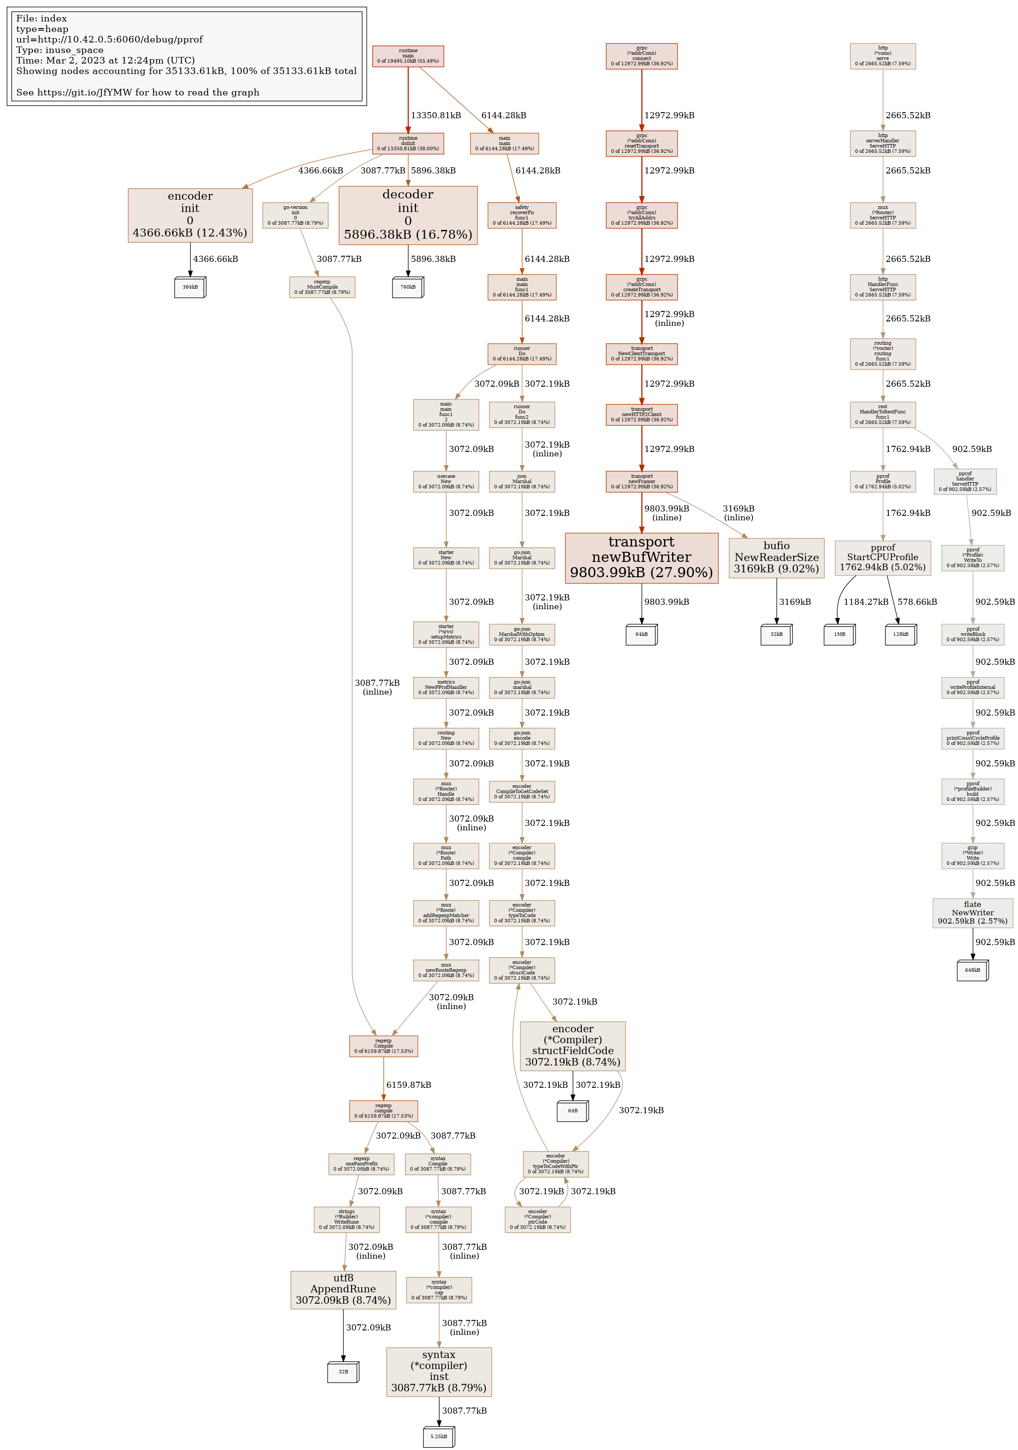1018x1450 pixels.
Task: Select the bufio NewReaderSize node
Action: point(776,557)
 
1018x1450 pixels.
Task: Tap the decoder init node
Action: point(408,215)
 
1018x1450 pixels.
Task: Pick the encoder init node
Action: point(190,215)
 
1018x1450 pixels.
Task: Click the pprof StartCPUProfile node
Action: point(882,557)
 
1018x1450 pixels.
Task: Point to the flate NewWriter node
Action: point(972,913)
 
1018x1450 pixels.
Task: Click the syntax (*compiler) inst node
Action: point(439,1372)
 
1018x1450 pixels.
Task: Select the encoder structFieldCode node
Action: point(573,1046)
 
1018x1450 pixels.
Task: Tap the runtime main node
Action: point(408,56)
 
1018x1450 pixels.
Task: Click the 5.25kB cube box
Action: point(439,1436)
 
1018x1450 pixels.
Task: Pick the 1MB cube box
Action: point(839,634)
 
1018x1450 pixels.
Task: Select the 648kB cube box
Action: point(972,970)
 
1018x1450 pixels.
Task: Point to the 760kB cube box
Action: point(408,287)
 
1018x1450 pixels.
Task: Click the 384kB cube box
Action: point(190,287)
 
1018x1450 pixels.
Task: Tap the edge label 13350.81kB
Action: point(436,116)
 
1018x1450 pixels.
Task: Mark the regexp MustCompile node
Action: point(322,287)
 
